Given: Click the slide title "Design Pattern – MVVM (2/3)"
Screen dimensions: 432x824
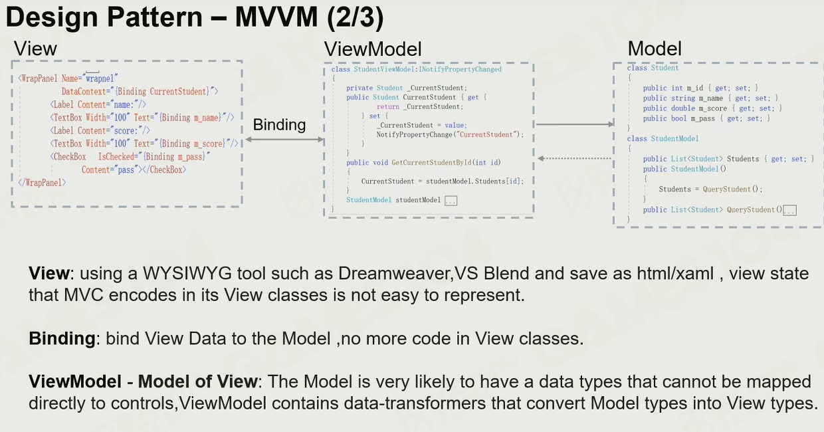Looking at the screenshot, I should click(x=195, y=17).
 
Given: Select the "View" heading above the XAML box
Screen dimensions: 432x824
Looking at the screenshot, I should click(x=35, y=49).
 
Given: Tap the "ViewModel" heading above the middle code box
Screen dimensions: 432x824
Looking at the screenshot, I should click(x=372, y=49).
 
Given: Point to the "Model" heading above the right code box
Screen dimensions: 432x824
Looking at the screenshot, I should click(x=655, y=49).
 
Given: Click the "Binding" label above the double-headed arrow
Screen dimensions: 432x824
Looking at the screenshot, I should click(x=279, y=125).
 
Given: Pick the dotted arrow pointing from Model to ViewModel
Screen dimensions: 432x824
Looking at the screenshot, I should click(x=575, y=158).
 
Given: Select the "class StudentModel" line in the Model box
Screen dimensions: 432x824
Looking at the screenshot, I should click(x=663, y=138).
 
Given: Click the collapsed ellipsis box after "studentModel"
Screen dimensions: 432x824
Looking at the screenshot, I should click(x=451, y=200).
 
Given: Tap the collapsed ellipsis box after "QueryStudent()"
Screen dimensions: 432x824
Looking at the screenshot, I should click(x=789, y=210).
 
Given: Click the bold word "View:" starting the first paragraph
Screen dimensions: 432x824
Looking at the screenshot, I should click(x=49, y=274).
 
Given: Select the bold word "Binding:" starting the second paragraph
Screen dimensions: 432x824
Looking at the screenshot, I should click(x=62, y=339).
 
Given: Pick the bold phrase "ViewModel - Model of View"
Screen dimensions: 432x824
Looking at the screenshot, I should click(x=143, y=381).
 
